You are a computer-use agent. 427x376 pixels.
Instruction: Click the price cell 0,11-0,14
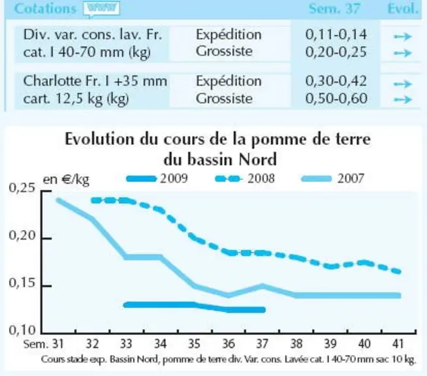(336, 35)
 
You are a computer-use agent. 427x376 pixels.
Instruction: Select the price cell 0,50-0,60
(336, 99)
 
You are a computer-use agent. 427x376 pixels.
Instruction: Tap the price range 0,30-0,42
(336, 81)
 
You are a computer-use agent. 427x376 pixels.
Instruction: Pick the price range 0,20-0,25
(336, 52)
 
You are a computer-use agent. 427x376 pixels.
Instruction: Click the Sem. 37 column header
(334, 8)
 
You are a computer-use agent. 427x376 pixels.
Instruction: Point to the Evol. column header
(403, 8)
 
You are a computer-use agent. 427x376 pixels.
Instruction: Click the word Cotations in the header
(45, 8)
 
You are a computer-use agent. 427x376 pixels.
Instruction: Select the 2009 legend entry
(157, 179)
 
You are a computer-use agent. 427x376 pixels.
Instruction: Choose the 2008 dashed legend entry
(245, 179)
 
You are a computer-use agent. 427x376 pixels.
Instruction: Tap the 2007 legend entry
(333, 179)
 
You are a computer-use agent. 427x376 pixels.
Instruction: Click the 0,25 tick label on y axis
(22, 188)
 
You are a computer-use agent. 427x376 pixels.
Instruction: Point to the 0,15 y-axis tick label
(22, 283)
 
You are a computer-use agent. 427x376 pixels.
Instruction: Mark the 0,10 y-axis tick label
(22, 330)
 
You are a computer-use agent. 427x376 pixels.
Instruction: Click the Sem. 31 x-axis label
(44, 344)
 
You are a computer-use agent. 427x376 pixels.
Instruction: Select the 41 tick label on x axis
(398, 344)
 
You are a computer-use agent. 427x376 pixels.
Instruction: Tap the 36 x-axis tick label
(229, 344)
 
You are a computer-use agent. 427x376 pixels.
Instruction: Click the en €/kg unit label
(66, 180)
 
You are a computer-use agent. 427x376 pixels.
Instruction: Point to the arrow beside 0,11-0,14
(402, 36)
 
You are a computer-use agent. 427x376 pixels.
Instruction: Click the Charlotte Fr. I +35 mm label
(95, 81)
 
